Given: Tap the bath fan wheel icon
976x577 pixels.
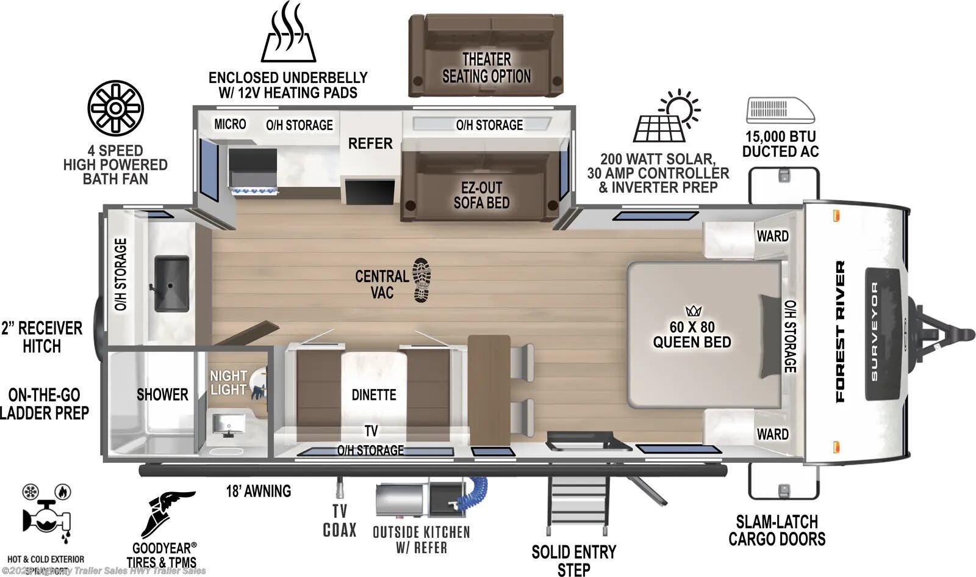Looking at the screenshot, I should [x=116, y=108].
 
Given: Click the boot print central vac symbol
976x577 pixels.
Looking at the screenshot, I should [x=422, y=280].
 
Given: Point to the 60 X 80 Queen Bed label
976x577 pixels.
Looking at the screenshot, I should [x=692, y=335].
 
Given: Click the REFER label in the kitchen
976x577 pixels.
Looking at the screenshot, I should [x=370, y=143].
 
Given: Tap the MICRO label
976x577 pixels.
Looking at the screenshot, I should [x=230, y=124].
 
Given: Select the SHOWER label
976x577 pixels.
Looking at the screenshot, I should [x=162, y=394].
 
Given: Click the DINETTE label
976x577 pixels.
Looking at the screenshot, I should [x=374, y=394].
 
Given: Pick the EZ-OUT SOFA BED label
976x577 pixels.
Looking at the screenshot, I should [x=481, y=195].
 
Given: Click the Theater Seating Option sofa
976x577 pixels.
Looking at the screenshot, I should [x=486, y=56].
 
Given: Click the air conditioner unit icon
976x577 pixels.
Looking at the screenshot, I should [x=780, y=111].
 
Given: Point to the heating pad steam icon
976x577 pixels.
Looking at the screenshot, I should [x=289, y=33].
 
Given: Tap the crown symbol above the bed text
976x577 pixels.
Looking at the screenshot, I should [x=694, y=311].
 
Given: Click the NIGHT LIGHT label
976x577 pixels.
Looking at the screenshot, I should [x=228, y=383].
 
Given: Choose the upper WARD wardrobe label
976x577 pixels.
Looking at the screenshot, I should [x=772, y=236].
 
